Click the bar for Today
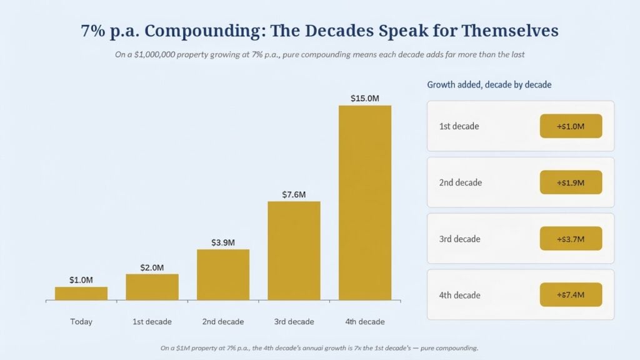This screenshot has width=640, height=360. pos(81,294)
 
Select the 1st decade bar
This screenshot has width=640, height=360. pos(152,287)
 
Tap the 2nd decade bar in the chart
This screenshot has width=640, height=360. pos(223,275)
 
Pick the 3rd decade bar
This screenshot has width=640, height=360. pos(294,251)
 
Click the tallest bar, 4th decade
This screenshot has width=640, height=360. pos(365,203)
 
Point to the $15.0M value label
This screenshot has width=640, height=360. pos(365,98)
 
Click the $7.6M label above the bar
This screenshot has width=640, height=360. pos(294,195)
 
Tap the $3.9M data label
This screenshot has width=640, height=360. pos(223,242)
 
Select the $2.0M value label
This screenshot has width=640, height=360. pos(152,267)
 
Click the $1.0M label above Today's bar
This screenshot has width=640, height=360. pos(81,280)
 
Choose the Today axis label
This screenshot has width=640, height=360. pos(81,322)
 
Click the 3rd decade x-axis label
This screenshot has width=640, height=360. pos(294,322)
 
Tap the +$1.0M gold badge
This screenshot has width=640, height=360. pos(571,126)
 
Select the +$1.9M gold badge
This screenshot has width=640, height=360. pos(571,182)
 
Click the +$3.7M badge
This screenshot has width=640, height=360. pos(571,239)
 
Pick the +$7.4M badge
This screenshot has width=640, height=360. pos(571,295)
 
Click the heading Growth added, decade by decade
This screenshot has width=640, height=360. pos(489,85)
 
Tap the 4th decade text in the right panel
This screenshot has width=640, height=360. pos(459,295)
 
